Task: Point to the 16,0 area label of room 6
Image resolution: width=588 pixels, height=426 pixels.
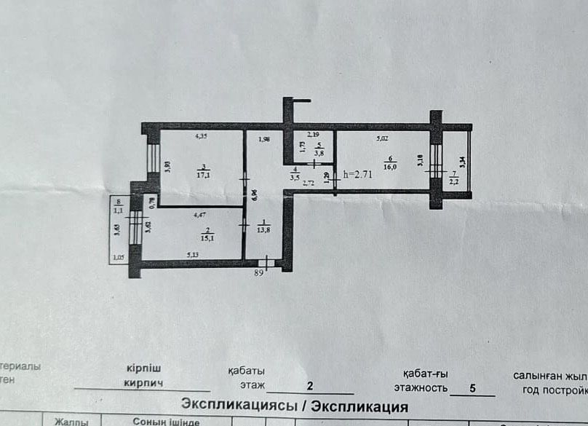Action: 389,166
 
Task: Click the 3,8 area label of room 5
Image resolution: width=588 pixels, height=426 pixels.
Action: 319,153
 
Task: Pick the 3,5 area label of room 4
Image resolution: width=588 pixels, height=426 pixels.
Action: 295,175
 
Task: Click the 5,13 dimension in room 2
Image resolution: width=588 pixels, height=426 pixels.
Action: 193,255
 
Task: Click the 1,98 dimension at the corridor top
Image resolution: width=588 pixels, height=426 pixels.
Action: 264,139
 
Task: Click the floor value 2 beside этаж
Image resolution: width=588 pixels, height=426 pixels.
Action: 309,387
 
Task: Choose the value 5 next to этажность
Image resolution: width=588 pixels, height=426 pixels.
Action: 472,389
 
